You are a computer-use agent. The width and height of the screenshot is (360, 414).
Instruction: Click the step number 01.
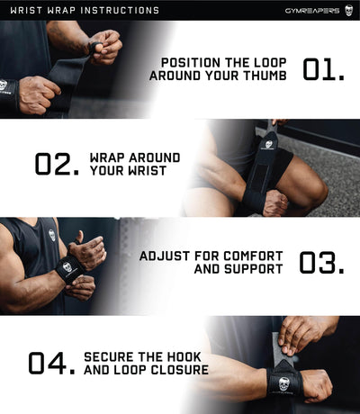pos(323,69)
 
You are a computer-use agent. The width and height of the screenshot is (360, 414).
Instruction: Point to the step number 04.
pos(50,363)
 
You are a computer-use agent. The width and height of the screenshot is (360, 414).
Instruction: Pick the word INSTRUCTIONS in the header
pos(120,10)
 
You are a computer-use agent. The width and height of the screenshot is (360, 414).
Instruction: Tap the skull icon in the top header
pos(348,10)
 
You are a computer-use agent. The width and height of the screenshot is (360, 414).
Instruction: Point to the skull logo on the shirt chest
pos(52,235)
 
